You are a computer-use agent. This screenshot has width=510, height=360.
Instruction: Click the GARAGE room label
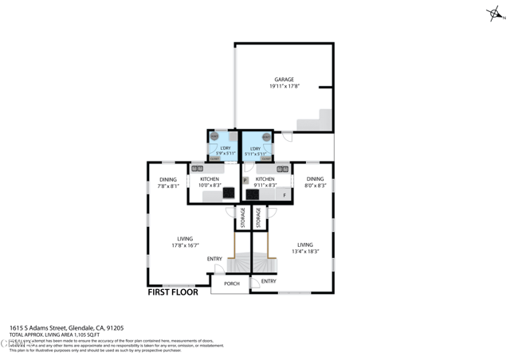[284, 80]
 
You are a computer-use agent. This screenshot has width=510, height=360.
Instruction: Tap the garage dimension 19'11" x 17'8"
[284, 86]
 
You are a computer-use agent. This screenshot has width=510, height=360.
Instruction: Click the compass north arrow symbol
[495, 14]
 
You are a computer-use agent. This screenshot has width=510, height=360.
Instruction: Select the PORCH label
[231, 284]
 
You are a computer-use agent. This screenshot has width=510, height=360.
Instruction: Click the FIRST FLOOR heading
[173, 292]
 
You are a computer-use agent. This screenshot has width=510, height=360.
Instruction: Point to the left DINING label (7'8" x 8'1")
[167, 179]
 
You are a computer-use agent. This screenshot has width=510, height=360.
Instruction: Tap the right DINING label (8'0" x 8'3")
[315, 179]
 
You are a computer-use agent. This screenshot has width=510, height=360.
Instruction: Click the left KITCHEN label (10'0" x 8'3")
[210, 179]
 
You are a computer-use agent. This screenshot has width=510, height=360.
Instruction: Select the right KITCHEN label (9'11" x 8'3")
[265, 179]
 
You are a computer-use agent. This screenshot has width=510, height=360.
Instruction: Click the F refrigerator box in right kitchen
[284, 194]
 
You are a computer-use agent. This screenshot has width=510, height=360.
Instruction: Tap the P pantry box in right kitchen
[245, 181]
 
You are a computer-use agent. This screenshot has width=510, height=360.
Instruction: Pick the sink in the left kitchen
[197, 169]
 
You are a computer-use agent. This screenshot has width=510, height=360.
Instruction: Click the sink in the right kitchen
[282, 169]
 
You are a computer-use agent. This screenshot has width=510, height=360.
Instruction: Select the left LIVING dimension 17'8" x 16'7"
[185, 245]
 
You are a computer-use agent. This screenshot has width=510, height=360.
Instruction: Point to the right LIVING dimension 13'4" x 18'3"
[304, 251]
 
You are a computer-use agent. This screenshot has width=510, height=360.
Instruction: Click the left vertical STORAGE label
[243, 218]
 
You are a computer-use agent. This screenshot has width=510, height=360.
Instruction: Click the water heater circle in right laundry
[266, 137]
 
